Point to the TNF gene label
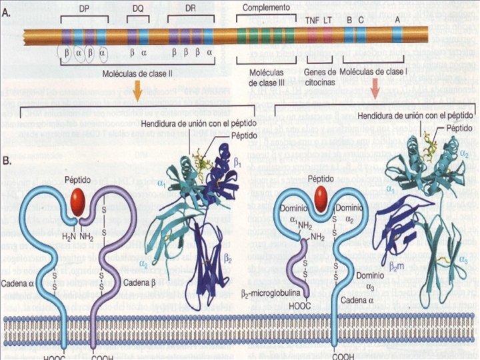[312, 19]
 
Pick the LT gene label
[328, 19]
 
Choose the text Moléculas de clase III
[266, 77]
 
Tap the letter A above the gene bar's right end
[397, 19]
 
